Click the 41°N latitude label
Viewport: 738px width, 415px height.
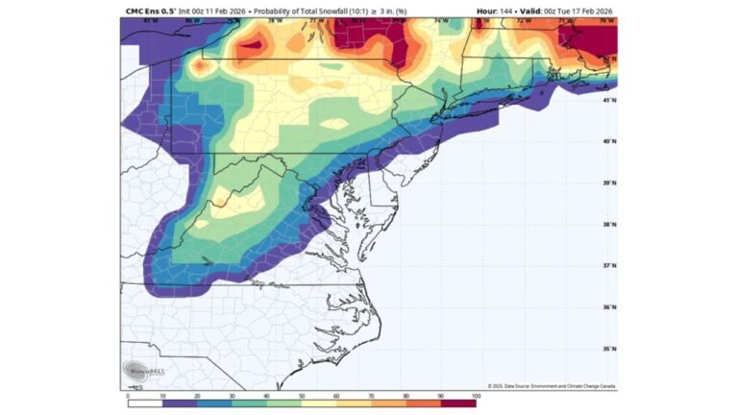(609, 99)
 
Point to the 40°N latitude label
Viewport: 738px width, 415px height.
(609, 141)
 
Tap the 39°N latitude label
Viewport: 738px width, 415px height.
(609, 183)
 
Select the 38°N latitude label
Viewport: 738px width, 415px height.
(609, 225)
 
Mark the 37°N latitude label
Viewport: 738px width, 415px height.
(609, 266)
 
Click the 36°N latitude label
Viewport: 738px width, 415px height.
(609, 307)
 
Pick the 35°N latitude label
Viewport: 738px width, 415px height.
(609, 349)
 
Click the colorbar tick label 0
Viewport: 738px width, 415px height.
(128, 395)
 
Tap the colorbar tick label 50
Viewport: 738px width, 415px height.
(302, 395)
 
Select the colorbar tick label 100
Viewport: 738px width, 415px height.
(475, 395)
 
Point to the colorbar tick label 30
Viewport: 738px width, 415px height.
(233, 395)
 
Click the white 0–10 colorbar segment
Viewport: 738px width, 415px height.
(145, 403)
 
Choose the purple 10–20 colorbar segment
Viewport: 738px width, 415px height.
(180, 403)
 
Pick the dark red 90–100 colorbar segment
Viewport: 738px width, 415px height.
(458, 403)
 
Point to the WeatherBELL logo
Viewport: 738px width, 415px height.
(137, 370)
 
